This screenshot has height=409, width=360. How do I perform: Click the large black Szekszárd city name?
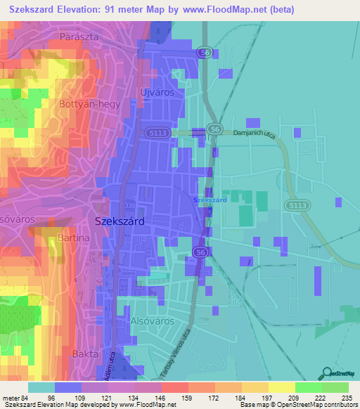click(120, 221)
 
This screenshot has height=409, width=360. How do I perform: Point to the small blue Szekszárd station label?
click(210, 200)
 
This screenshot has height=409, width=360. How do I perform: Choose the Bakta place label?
click(84, 354)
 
